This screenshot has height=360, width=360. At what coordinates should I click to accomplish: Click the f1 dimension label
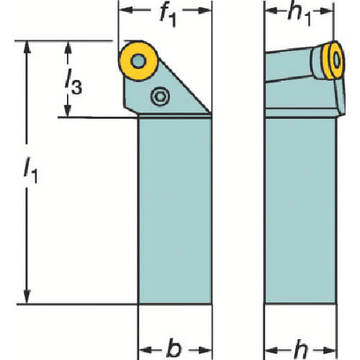click(168, 16)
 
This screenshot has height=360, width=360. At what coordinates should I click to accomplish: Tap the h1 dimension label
click(300, 15)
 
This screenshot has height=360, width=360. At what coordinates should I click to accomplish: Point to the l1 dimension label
click(31, 170)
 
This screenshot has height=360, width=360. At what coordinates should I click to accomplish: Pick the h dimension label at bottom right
click(300, 348)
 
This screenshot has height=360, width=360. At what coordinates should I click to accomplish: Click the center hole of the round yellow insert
click(138, 60)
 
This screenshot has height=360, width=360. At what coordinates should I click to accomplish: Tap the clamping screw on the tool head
click(160, 96)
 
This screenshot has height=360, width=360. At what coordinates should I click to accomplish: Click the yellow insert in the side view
click(333, 60)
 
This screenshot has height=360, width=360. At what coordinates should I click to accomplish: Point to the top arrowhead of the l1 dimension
click(27, 48)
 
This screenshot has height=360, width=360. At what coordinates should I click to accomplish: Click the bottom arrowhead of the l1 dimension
click(27, 297)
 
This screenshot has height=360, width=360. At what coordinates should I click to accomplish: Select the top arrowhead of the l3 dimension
click(68, 48)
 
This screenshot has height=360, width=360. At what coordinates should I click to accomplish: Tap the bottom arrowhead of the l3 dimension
click(68, 111)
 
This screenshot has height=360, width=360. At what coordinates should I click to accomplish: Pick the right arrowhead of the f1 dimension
click(204, 10)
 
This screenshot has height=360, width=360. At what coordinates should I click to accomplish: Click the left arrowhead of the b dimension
click(145, 350)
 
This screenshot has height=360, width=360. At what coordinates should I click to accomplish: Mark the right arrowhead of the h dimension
click(330, 351)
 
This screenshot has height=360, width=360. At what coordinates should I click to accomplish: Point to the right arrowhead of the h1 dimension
click(327, 10)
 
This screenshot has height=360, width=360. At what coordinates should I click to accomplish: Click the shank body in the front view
click(175, 211)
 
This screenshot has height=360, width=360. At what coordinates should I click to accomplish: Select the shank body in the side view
click(300, 211)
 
